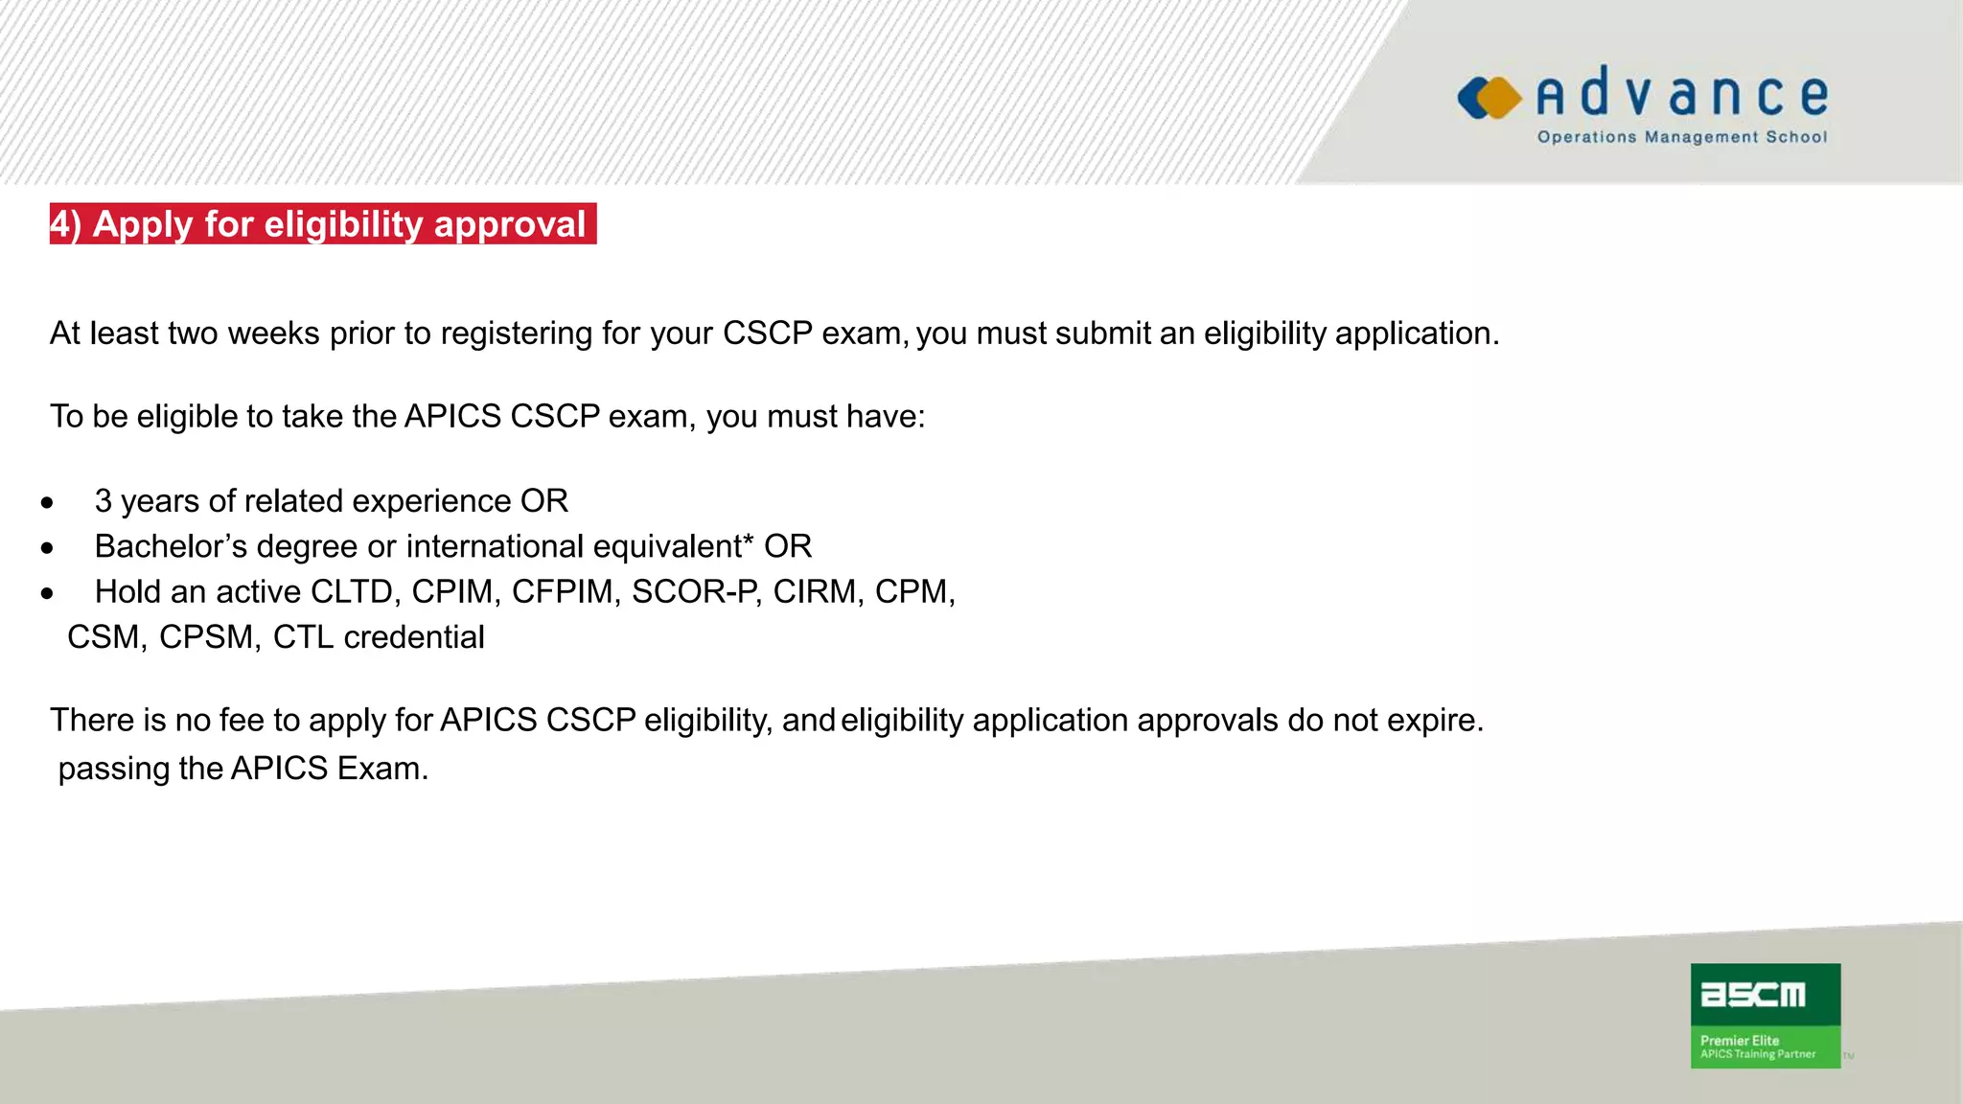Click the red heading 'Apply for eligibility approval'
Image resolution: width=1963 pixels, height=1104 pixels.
pos(323,224)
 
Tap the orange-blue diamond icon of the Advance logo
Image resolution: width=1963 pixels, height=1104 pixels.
pos(1490,98)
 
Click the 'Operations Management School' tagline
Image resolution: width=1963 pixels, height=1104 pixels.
pos(1681,137)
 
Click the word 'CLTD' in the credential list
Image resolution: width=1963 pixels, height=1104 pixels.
pos(352,592)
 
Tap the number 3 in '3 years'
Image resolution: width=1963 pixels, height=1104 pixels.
pos(104,501)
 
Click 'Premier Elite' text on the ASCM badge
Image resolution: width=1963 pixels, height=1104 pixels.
pos(1739,1041)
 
